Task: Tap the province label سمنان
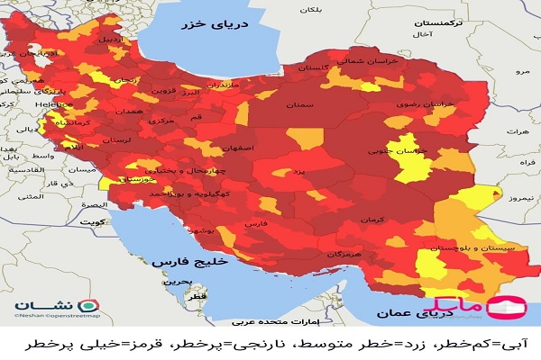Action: (302, 105)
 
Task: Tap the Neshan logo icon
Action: (20, 306)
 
